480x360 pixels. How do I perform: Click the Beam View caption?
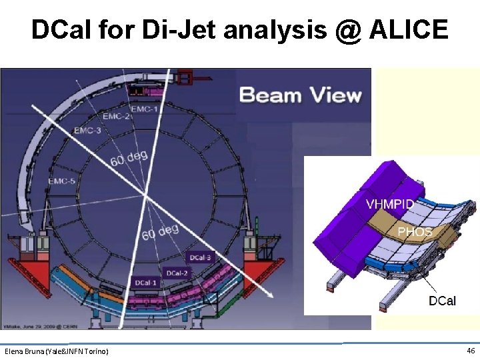(301, 95)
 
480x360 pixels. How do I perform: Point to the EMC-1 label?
(145, 108)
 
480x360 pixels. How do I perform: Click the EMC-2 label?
(117, 116)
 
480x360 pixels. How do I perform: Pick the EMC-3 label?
(87, 131)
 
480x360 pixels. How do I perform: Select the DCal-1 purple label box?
(146, 283)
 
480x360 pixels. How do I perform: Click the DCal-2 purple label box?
(176, 273)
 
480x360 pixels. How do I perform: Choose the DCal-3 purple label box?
(200, 257)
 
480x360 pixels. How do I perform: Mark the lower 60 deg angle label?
(160, 232)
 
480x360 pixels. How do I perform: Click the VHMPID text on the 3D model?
(389, 205)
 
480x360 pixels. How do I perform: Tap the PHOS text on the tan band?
(415, 232)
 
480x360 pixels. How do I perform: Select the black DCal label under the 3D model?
(442, 301)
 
